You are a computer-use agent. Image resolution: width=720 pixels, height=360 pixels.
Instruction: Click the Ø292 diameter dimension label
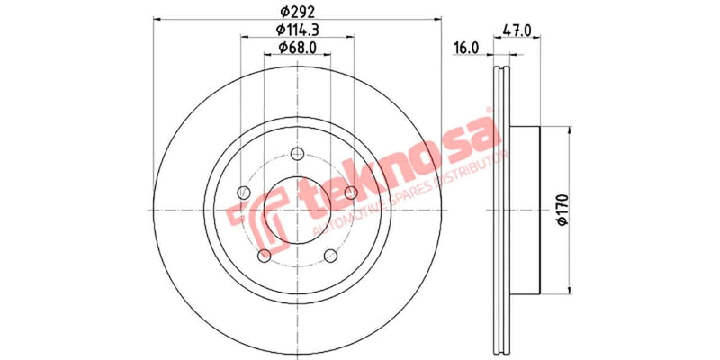pos(294,12)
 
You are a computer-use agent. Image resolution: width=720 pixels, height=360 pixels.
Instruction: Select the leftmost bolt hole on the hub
pos(242,192)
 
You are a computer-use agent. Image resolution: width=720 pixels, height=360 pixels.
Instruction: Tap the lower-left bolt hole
pos(263,257)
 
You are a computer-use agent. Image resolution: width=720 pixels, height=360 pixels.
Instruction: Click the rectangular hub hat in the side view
pos(527,207)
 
